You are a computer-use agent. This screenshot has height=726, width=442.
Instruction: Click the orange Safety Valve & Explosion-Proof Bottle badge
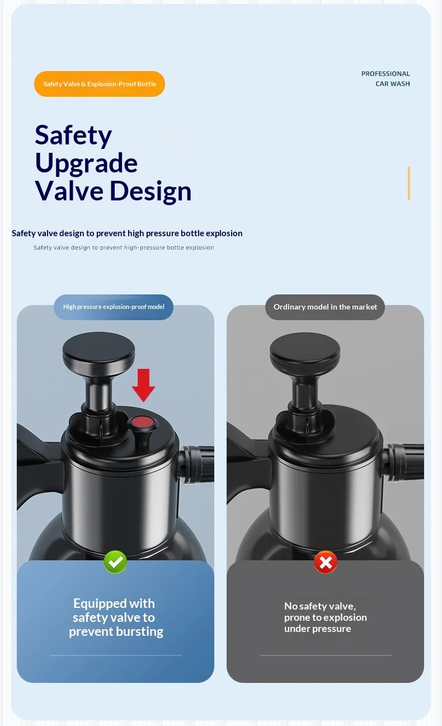coord(100,84)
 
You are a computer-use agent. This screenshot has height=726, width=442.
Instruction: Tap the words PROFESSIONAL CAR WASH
coord(385,79)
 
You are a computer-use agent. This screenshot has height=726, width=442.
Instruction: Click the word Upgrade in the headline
coord(86,163)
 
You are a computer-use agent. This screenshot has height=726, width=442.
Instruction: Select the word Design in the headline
coord(151,191)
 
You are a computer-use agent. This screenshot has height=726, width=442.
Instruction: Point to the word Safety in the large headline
coord(73,135)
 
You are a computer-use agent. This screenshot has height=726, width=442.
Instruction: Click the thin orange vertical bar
coord(409,183)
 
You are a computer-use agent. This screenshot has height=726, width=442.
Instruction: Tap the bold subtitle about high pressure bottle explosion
coord(127,233)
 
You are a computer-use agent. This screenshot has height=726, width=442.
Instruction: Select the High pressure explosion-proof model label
coord(114,307)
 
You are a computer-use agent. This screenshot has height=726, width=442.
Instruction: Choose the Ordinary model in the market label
coord(325,307)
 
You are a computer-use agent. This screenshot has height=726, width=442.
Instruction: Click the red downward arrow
coord(143,385)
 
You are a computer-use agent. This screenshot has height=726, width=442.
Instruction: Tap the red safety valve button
coord(143,423)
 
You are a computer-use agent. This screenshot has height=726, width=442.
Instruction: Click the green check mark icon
coord(115,562)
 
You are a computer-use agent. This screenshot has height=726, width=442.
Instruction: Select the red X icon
coord(326,562)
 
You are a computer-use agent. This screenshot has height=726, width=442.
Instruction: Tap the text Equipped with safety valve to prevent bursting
coord(115,617)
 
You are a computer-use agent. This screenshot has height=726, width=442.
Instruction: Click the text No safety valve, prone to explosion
coord(325,612)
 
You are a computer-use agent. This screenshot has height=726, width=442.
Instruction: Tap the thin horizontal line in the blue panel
coord(116,655)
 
